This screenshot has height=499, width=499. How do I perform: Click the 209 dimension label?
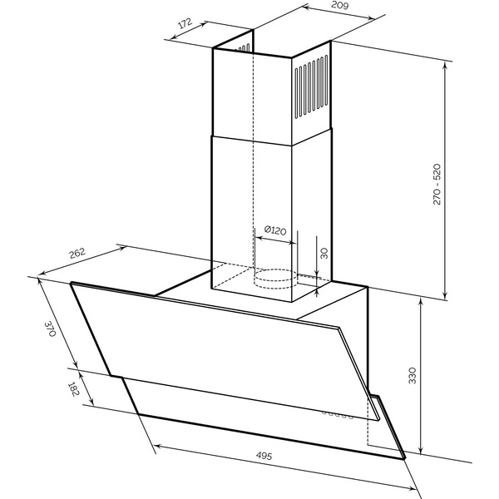click(340, 5)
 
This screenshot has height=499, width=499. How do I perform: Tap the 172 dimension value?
click(185, 23)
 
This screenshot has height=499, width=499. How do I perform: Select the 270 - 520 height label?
click(437, 185)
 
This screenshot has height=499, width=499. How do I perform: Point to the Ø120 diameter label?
click(275, 230)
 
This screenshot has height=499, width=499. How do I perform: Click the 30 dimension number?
click(324, 254)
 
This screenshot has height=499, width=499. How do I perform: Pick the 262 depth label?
click(77, 253)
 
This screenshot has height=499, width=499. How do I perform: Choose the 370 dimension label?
click(50, 329)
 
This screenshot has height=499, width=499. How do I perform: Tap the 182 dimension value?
click(73, 389)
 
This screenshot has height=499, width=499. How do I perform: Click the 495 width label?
click(264, 456)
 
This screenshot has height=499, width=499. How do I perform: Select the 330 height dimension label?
click(413, 376)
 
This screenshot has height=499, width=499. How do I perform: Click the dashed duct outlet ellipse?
click(275, 279)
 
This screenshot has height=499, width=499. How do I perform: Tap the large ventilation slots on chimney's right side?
click(312, 86)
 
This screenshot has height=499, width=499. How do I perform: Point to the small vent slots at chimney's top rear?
click(243, 48)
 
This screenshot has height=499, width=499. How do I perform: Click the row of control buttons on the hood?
click(338, 414)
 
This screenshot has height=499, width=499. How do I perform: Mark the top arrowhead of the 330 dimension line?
click(421, 301)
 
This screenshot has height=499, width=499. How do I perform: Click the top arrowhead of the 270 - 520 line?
click(445, 65)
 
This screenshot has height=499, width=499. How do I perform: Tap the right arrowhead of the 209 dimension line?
click(372, 18)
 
